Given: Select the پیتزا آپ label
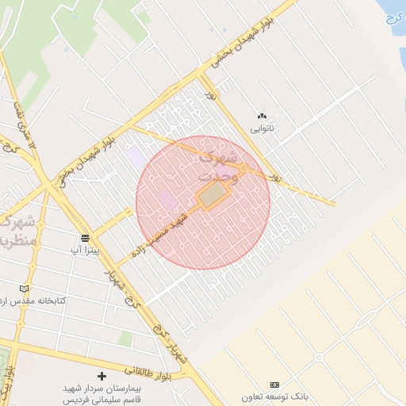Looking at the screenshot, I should point(86,250).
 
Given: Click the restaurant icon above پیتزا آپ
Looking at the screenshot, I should point(85,238).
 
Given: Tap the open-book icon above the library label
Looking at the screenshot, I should point(24,288).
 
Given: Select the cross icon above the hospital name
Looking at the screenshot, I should point(100,375).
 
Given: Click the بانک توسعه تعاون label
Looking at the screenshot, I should point(274,396).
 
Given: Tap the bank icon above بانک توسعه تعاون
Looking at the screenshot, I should point(274,385).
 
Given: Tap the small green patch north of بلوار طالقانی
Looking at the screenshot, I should point(125,339).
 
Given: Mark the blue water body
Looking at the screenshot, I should point(393,16).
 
